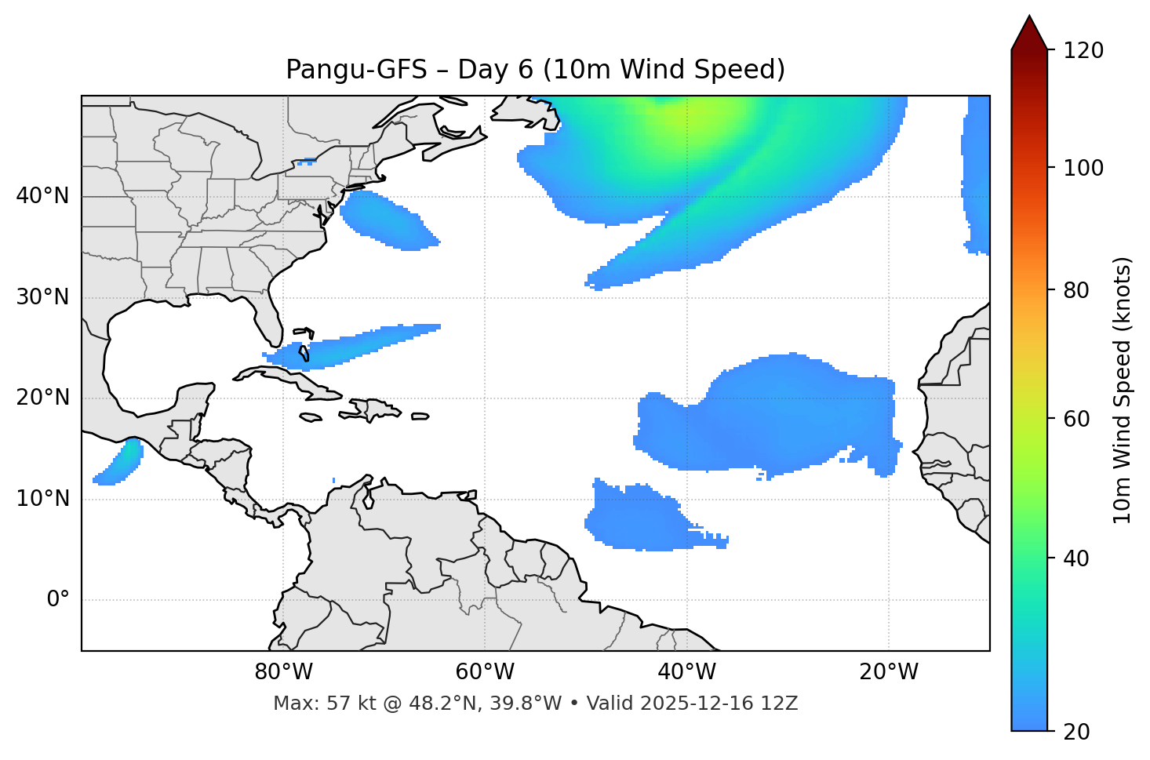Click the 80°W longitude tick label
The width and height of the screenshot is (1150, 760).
(283, 672)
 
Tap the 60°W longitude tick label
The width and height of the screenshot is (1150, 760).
(485, 672)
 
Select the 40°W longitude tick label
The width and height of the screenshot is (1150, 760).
(686, 672)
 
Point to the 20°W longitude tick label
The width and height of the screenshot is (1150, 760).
(888, 672)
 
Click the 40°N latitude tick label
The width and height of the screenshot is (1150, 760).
(42, 196)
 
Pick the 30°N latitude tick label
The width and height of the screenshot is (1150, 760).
(42, 297)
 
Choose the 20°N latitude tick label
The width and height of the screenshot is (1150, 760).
(42, 398)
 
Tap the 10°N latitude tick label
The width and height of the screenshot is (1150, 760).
(42, 499)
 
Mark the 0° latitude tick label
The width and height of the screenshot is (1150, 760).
(58, 600)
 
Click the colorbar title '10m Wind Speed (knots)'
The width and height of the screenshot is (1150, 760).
(1123, 390)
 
